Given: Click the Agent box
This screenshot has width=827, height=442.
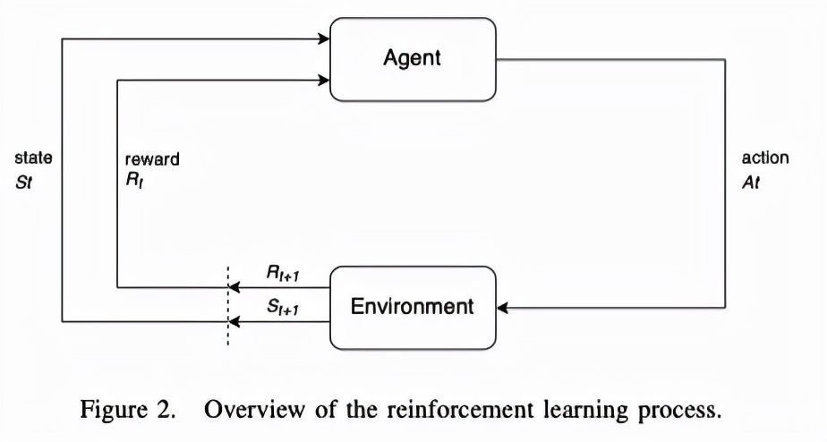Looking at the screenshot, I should click(x=413, y=60).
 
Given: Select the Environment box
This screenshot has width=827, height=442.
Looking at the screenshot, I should click(x=413, y=307).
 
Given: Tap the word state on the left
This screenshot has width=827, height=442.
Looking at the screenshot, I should click(x=34, y=158).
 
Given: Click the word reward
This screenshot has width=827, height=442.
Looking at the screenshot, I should click(x=152, y=159).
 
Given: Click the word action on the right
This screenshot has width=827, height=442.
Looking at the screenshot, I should click(x=765, y=158).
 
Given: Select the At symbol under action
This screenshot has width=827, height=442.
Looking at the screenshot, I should click(x=751, y=178).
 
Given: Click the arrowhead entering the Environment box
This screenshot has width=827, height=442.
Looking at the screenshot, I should click(x=502, y=308).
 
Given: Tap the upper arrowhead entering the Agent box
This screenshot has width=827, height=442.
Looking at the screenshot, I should click(x=325, y=38).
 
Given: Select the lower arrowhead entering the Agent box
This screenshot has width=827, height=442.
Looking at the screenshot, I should click(x=325, y=80).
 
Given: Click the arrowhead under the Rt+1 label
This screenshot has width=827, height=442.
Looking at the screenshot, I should click(x=234, y=287).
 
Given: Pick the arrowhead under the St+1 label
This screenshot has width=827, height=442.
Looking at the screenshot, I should click(x=234, y=320).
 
